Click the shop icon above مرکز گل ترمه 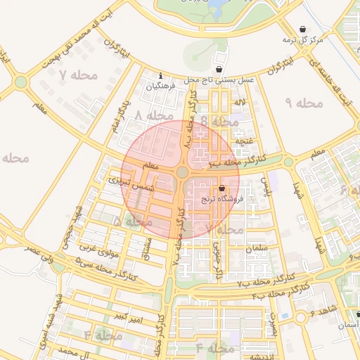[303, 29]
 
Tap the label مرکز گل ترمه [303, 40]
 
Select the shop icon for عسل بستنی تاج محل [221, 70]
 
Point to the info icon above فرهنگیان [161, 76]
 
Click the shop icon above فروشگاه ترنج [222, 188]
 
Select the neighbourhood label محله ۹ [304, 103]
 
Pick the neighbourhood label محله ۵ [134, 221]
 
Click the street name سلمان [257, 250]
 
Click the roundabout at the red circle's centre [182, 172]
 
